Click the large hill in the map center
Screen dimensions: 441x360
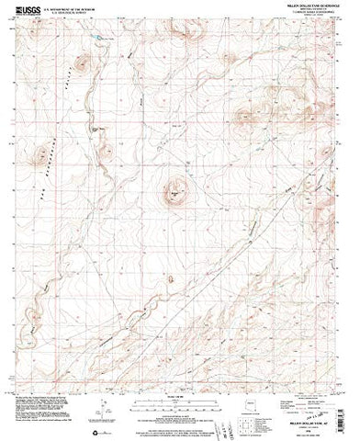(x=173, y=192)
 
